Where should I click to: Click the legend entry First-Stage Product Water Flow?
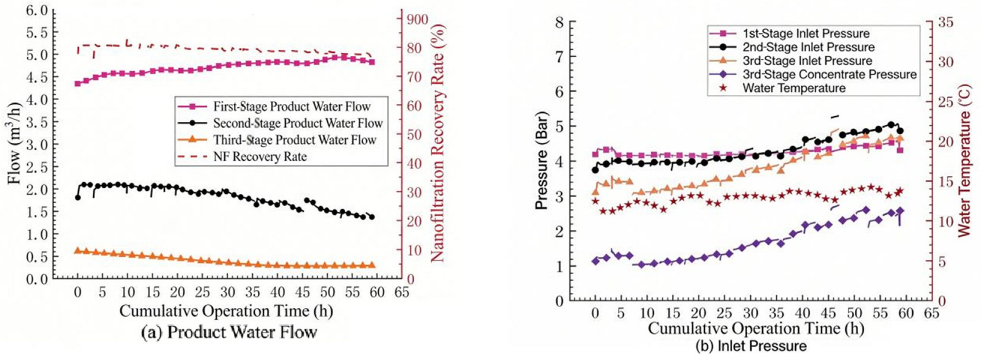coord(291,106)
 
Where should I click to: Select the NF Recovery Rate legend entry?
coord(259,156)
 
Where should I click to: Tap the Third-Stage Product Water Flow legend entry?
coord(294,140)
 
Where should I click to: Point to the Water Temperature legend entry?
coord(793,88)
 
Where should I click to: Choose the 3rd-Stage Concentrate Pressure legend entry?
coord(829,74)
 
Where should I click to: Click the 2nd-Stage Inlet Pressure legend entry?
coord(808,47)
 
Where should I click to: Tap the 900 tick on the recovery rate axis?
coord(417,19)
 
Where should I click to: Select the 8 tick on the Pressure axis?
coord(558,22)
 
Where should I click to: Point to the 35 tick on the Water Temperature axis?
coord(945,22)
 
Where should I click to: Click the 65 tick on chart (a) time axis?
coord(402,292)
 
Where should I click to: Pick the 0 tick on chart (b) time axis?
coord(595,313)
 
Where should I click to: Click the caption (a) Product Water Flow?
coord(229,332)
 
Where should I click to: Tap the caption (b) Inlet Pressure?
coord(750,346)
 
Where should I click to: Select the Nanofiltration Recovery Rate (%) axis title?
coord(437,142)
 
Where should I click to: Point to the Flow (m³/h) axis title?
coord(15,144)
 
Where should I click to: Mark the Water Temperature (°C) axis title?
coord(963,160)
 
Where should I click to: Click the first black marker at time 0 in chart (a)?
coord(77,197)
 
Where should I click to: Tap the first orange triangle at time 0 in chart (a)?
coord(77,250)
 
